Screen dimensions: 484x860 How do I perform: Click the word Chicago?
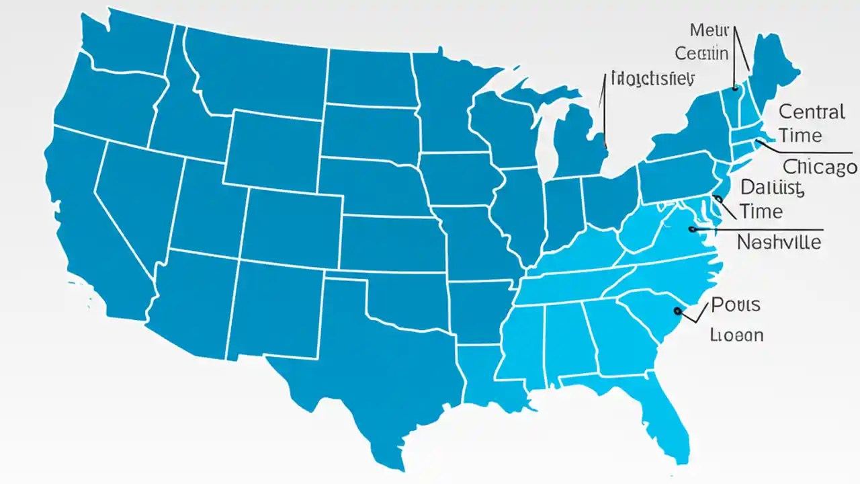coord(820,167)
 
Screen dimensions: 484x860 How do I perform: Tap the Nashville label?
coord(779,242)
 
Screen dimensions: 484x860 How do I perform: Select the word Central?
coord(812,112)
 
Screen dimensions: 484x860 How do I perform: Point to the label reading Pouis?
coord(735,305)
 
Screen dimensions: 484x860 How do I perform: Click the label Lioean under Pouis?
coord(736,334)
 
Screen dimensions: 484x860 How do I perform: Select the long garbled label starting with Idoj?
coord(651,79)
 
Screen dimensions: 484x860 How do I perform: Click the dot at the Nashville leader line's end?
coord(692,229)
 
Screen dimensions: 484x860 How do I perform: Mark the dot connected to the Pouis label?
coord(677,311)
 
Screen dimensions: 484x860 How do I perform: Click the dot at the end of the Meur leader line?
coord(735,87)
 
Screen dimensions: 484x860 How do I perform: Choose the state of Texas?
coord(376,363)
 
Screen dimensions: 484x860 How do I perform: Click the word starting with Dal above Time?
coord(771,188)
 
